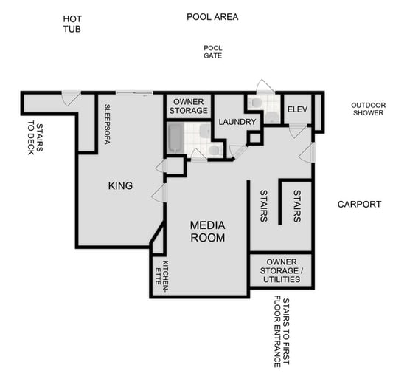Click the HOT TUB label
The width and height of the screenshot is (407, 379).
72,24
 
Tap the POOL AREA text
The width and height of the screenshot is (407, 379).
212,16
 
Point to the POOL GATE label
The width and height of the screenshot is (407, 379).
212,51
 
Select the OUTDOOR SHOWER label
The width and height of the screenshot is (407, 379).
368,109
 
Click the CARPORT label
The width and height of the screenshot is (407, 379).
359,204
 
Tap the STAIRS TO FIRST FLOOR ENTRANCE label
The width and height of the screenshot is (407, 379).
282,332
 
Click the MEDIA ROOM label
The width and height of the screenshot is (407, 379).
207,231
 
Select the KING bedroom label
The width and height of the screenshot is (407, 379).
120,185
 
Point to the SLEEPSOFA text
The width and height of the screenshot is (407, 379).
107,123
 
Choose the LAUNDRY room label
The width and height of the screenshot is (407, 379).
237,122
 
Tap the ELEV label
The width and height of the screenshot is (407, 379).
297,109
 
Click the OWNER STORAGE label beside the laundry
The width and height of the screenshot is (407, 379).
188,106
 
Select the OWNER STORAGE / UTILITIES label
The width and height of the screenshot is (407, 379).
282,271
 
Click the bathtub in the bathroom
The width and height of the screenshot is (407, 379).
175,138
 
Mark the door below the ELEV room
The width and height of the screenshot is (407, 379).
297,131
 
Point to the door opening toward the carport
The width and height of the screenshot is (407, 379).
308,153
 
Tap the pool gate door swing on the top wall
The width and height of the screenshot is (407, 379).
264,86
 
